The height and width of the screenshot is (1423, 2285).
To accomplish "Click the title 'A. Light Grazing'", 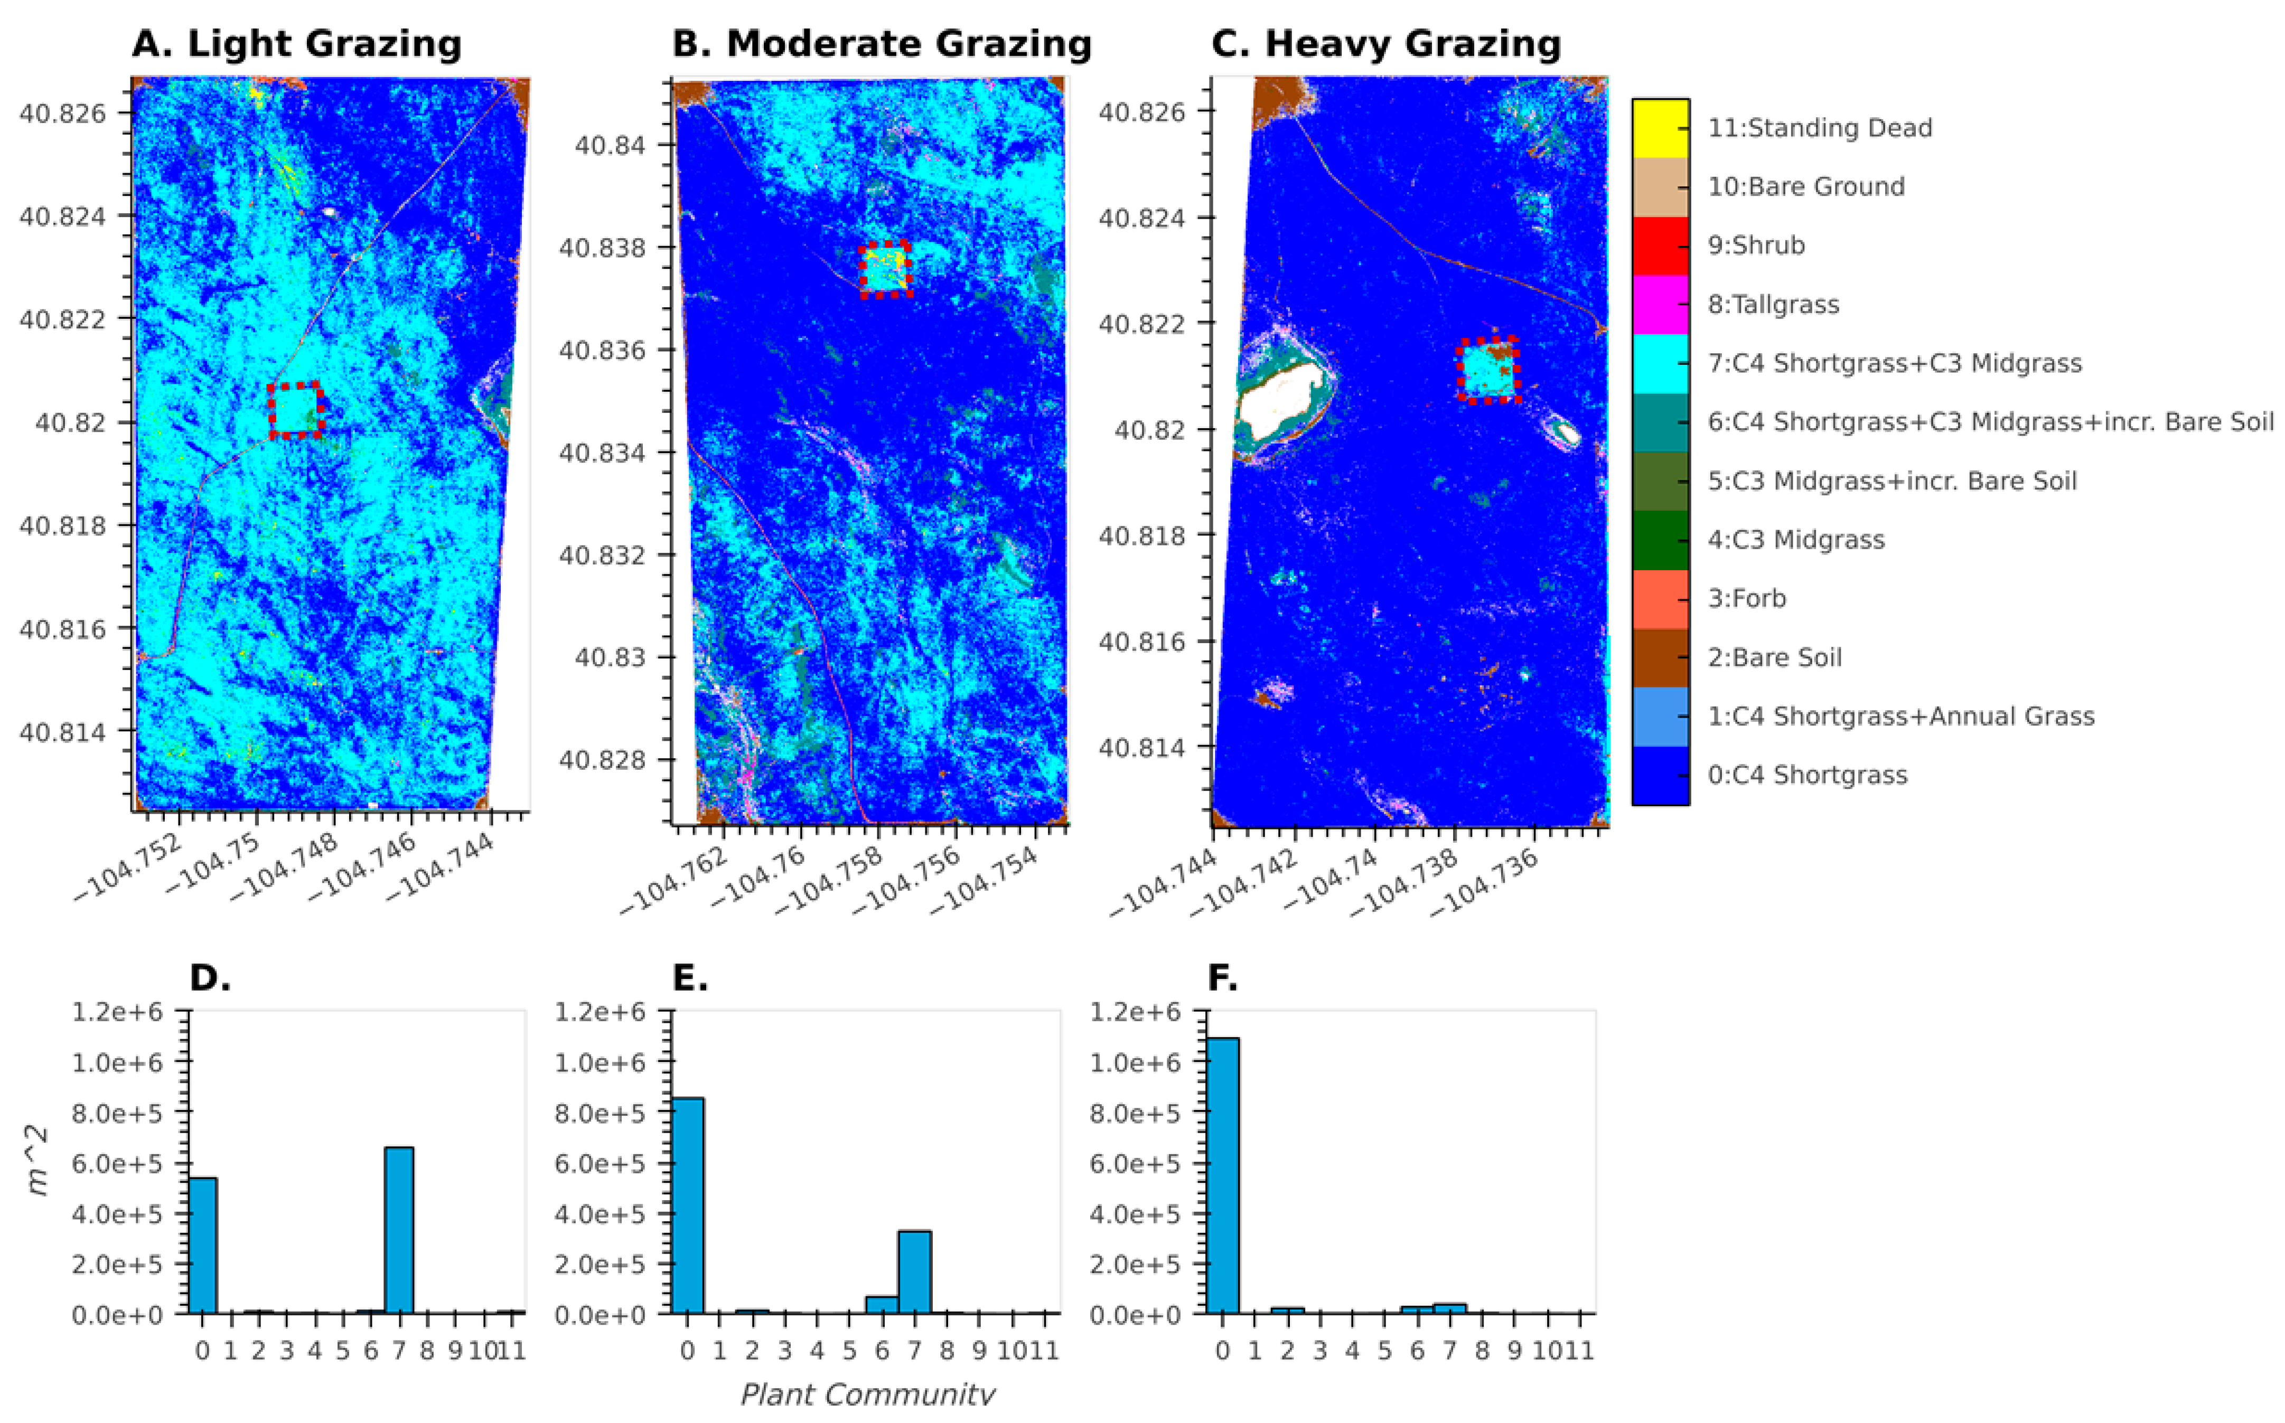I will (x=296, y=43).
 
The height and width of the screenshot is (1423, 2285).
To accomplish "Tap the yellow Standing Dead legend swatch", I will (x=1660, y=128).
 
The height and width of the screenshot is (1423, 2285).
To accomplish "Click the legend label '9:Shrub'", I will (x=1756, y=246).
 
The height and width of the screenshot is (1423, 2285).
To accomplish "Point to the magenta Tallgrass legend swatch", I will (x=1660, y=304).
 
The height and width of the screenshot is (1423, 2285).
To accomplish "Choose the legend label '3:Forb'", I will (x=1746, y=599).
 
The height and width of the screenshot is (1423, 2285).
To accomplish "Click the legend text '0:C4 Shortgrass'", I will (x=1807, y=776).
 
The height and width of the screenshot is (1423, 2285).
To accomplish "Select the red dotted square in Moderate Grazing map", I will (x=885, y=269).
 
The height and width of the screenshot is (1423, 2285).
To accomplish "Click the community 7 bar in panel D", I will (x=399, y=1229).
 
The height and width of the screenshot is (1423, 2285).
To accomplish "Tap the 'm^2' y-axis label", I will (x=38, y=1162).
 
